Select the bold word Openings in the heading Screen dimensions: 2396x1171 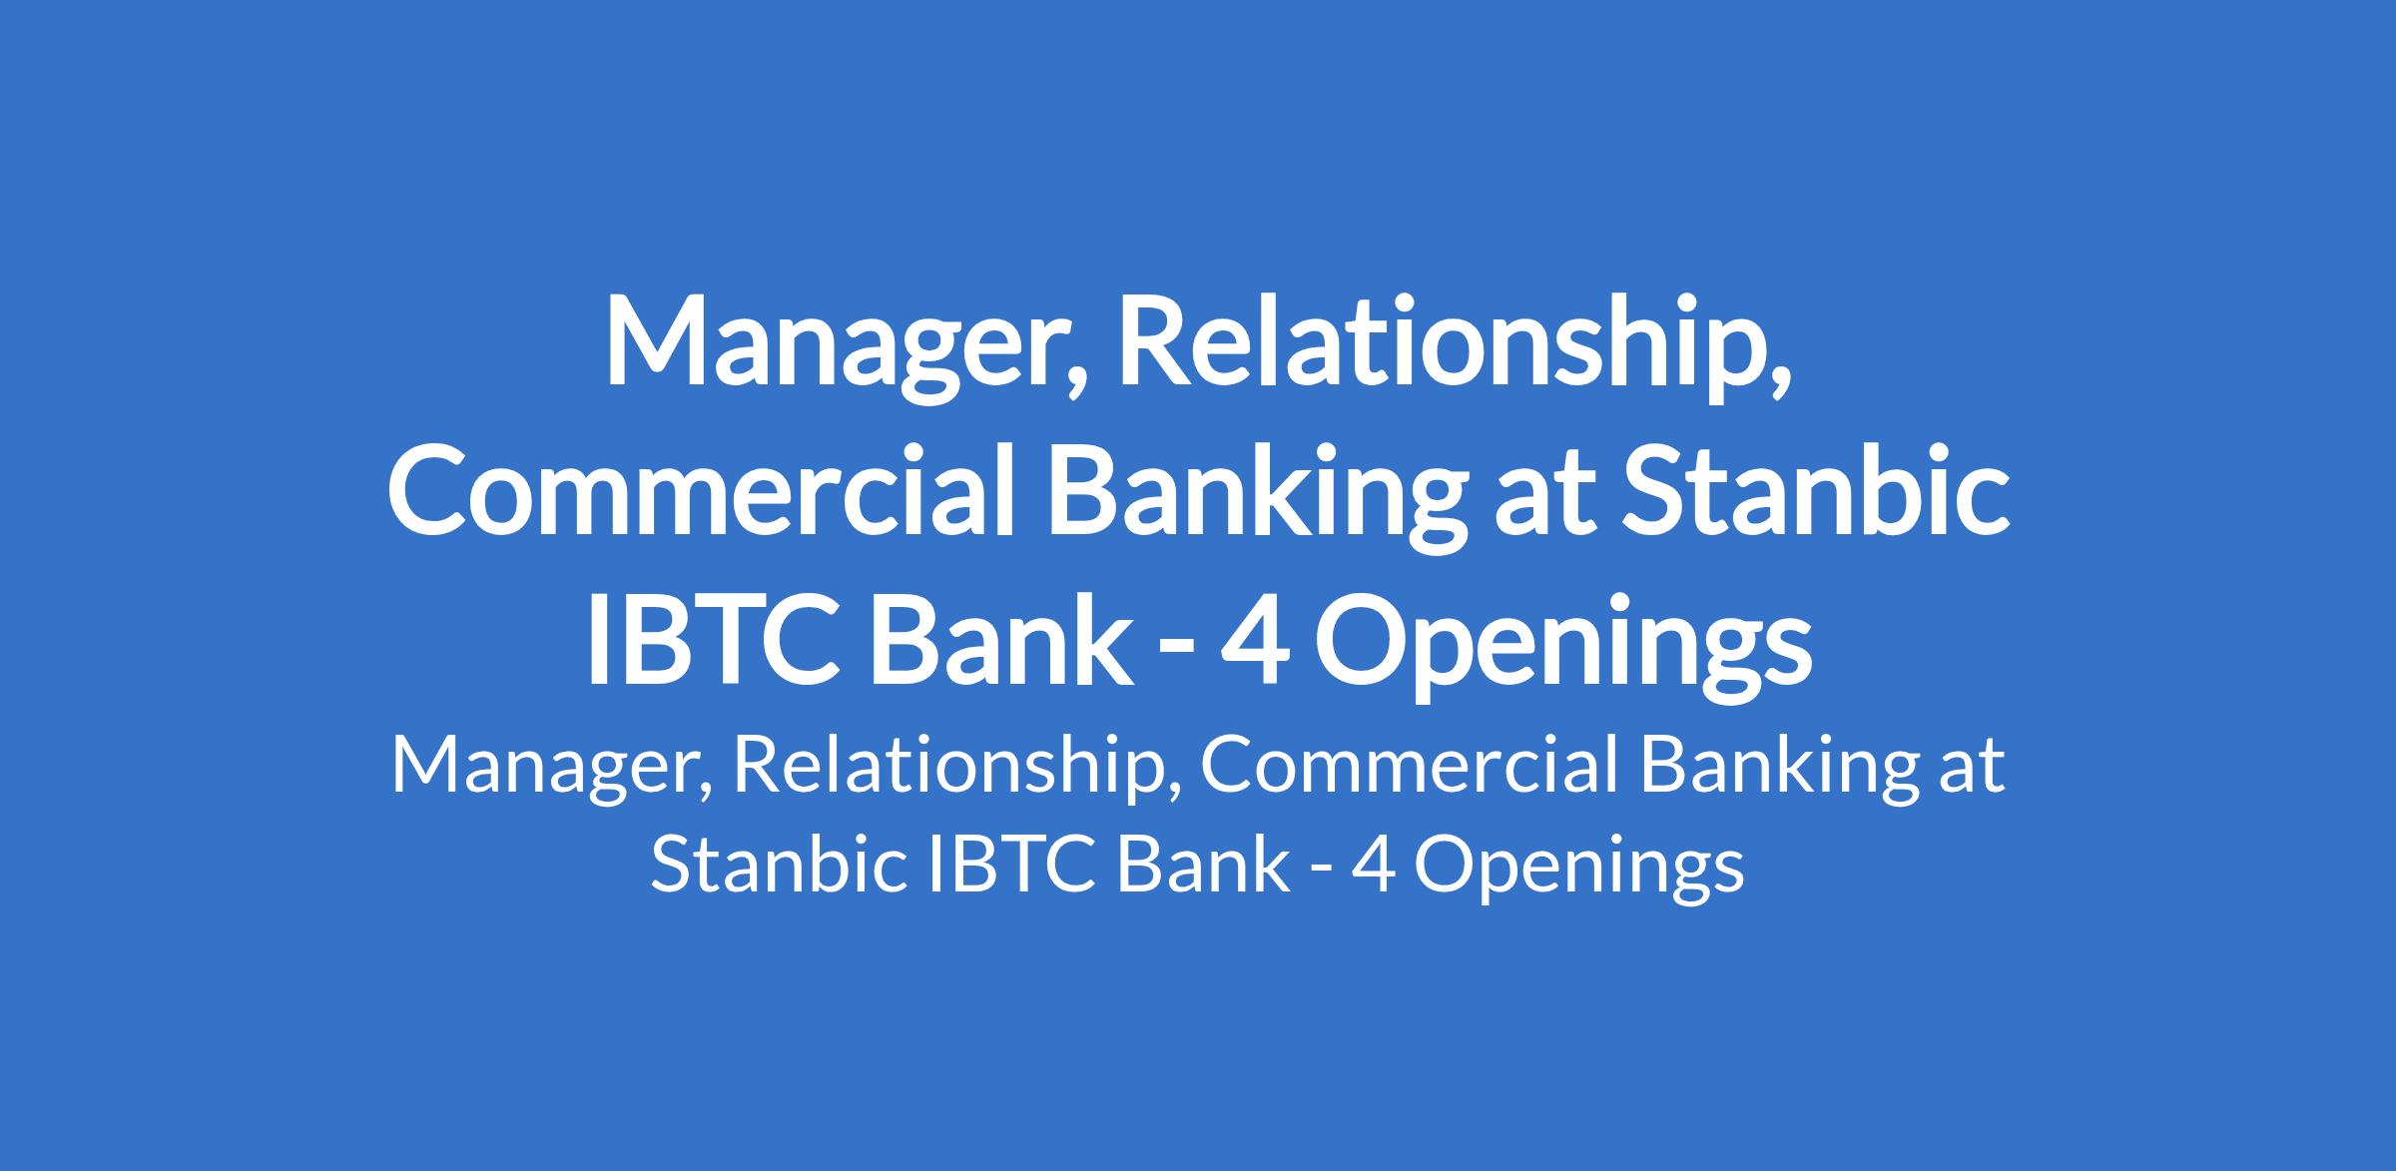tap(1561, 646)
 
